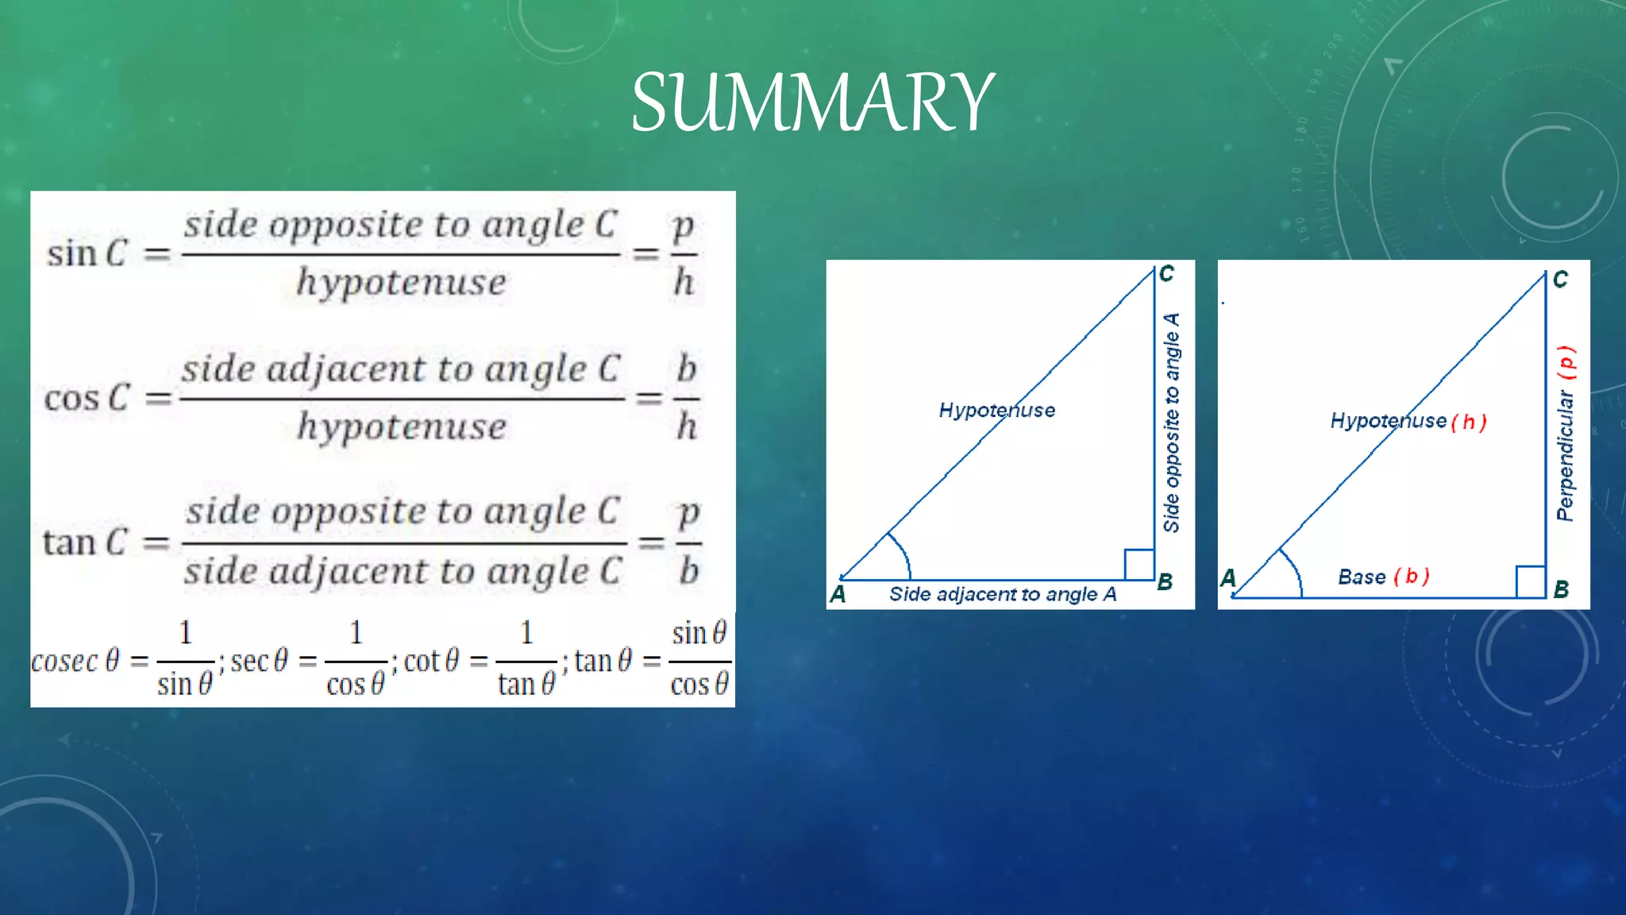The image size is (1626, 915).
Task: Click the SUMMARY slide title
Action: point(811,103)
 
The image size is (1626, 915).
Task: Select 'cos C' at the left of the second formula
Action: point(86,398)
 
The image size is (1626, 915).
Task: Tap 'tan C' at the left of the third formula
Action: point(84,542)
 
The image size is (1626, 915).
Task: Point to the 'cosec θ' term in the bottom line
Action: point(75,661)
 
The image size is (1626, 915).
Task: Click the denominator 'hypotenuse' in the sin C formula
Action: point(401,283)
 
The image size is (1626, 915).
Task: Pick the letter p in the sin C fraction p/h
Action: point(683,226)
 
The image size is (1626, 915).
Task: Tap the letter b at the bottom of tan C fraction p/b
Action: point(688,571)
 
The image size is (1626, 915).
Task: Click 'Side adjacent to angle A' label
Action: point(1002,594)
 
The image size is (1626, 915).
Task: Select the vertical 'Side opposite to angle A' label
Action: point(1171,423)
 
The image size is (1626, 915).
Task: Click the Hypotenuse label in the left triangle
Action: point(996,410)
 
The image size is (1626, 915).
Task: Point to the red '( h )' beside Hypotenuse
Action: point(1468,422)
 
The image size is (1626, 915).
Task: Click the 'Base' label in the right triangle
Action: point(1362,577)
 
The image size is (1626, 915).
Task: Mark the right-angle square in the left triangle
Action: point(1139,564)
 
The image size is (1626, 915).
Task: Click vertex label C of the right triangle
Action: point(1560,280)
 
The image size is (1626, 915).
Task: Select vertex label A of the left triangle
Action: point(838,594)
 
